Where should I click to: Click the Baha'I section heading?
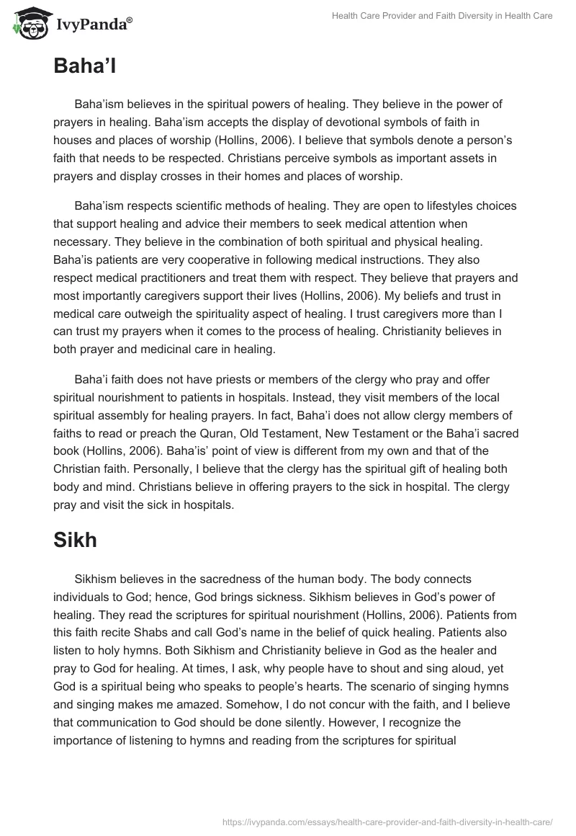[85, 67]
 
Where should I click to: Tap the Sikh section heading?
[75, 540]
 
